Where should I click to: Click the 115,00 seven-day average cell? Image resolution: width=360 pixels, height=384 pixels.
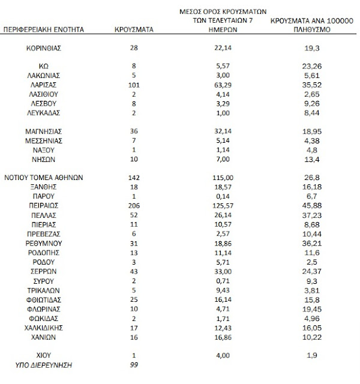tap(223, 177)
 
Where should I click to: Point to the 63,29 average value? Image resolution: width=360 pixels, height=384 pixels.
tap(223, 85)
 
